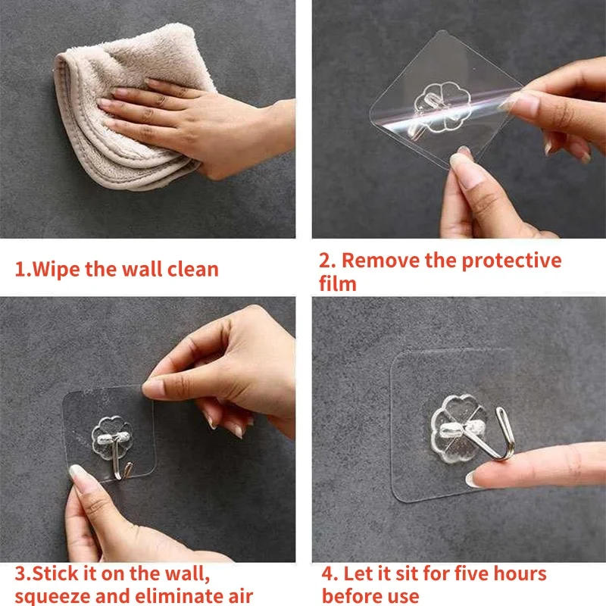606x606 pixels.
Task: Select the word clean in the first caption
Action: click(x=190, y=269)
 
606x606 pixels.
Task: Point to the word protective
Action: click(x=511, y=261)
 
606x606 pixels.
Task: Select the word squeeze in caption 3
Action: click(x=52, y=595)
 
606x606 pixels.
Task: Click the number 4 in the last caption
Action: click(x=327, y=573)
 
